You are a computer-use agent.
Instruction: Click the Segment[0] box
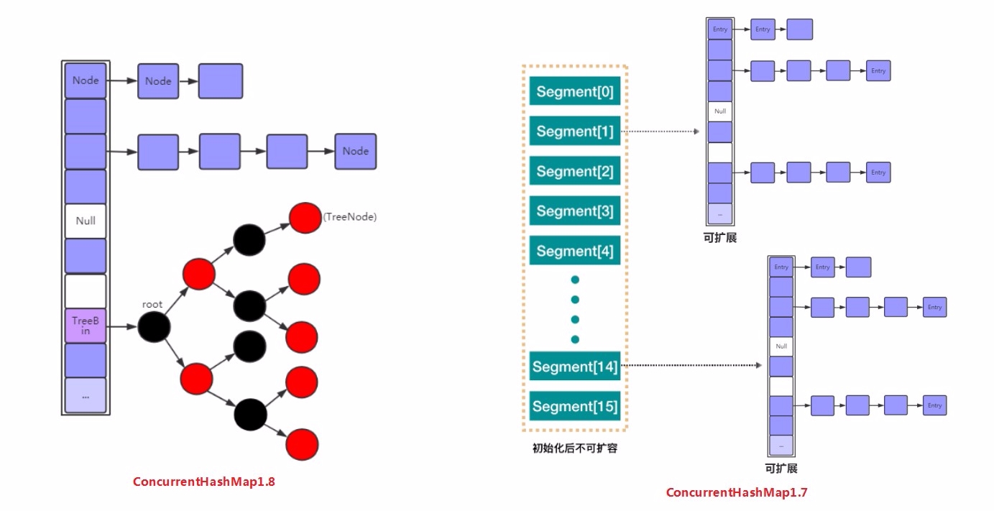[x=575, y=92]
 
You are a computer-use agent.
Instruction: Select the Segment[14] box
[x=575, y=367]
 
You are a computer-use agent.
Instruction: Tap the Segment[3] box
[x=575, y=211]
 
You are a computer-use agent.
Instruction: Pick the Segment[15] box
[x=575, y=406]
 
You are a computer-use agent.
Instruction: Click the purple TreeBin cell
[x=86, y=326]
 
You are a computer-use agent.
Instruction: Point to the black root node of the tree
[x=154, y=327]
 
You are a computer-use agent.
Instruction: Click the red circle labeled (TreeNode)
[x=305, y=217]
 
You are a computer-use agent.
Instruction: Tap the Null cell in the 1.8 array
[x=86, y=221]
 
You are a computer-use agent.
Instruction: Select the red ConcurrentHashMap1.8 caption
[x=204, y=482]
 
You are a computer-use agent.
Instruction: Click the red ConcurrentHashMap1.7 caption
[x=737, y=492]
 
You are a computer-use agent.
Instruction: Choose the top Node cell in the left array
[x=86, y=80]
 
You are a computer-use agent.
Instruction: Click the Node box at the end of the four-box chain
[x=355, y=151]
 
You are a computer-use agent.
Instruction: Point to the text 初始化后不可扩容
[x=575, y=448]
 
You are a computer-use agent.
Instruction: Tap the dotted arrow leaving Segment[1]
[x=660, y=132]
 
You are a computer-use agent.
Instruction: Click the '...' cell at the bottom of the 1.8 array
[x=86, y=396]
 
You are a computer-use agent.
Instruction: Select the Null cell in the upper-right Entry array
[x=720, y=111]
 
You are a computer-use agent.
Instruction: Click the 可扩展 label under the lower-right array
[x=781, y=469]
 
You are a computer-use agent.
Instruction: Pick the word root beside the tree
[x=152, y=304]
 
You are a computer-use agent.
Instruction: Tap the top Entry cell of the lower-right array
[x=781, y=267]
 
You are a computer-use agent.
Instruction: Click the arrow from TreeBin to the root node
[x=121, y=327]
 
